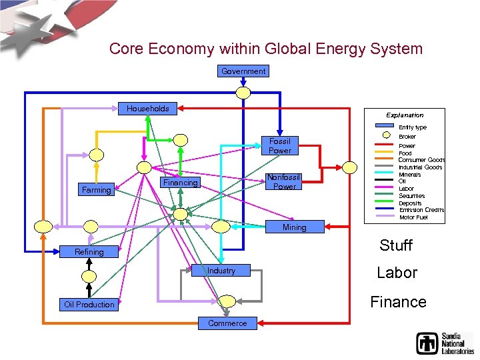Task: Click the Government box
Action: coord(243,71)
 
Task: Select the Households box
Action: coord(147,109)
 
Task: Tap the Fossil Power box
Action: coord(279,146)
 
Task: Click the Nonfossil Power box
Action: coord(284,182)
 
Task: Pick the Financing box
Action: coord(181,183)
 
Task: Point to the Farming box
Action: coord(96,191)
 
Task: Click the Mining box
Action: coord(294,227)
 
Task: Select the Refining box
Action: coord(89,252)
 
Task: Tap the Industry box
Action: coord(221,271)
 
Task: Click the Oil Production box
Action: coord(89,305)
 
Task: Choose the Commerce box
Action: coord(227,323)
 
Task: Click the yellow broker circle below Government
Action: coord(244,93)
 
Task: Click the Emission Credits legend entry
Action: coord(421,210)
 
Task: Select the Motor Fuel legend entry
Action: coord(413,217)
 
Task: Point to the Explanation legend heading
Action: coord(405,115)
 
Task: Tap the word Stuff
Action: coord(396,245)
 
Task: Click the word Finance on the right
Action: coord(398,302)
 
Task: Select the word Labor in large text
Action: coord(397,273)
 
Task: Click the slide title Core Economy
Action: coord(265,49)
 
